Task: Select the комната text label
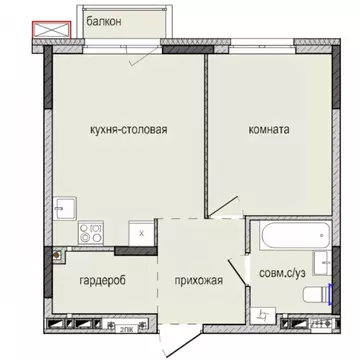click(x=269, y=130)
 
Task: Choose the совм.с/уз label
click(x=282, y=270)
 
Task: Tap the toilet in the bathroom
click(x=315, y=294)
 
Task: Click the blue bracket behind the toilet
click(x=330, y=294)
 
